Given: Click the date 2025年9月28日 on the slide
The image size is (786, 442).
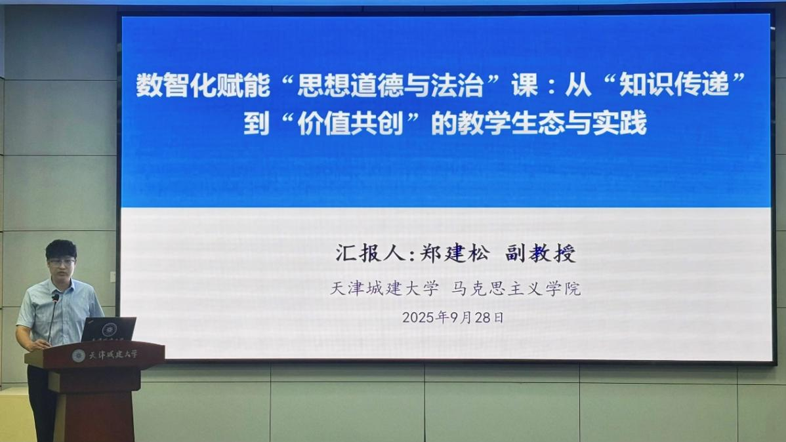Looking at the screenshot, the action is click(453, 317).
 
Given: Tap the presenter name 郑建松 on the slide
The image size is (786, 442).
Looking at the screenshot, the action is click(455, 253).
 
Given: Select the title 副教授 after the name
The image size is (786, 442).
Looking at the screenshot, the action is click(541, 253).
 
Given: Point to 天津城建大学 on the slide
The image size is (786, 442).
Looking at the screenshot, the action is click(384, 289).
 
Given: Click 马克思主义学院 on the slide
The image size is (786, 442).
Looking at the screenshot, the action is click(516, 289).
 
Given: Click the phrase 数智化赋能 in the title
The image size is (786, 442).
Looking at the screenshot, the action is click(203, 85).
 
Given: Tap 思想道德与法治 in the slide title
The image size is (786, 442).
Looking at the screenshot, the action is click(390, 85).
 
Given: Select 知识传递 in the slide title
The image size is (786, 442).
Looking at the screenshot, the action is click(674, 85).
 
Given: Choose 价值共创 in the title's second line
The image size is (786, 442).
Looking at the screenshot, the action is click(350, 123).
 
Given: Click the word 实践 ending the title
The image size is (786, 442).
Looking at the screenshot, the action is click(619, 123).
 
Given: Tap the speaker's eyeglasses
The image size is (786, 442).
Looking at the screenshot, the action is click(62, 262).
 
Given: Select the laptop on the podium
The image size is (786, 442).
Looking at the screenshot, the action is click(109, 329).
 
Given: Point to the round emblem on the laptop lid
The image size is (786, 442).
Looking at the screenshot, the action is click(110, 329).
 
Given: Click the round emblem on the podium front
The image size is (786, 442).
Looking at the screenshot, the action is click(78, 356).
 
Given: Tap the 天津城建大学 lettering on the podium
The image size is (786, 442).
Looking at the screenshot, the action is click(114, 355).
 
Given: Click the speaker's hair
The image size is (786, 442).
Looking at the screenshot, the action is click(60, 249).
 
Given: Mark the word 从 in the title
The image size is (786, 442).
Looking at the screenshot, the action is click(578, 85).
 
